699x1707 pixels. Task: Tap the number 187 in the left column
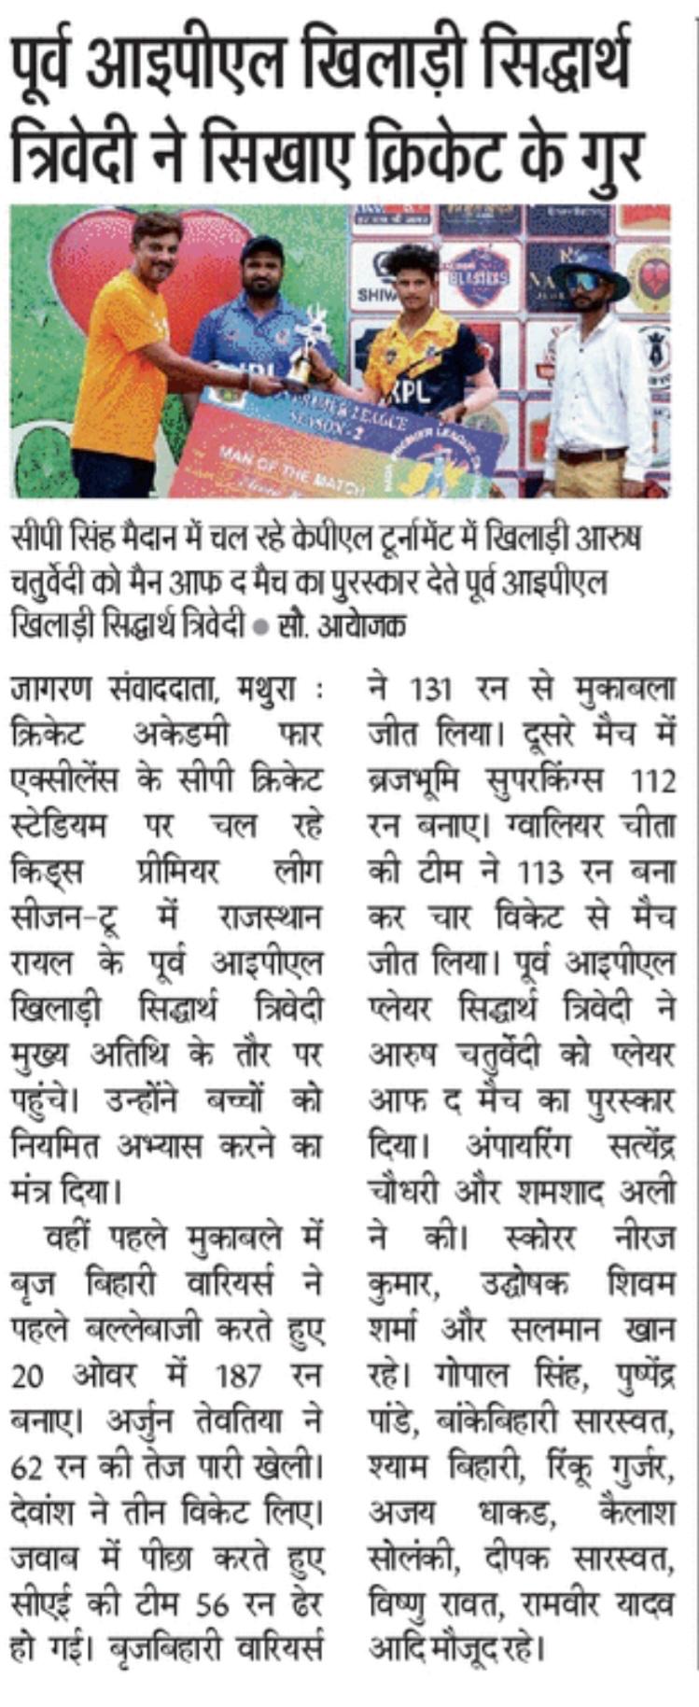pos(239,1376)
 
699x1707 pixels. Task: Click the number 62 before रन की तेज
pos(28,1467)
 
